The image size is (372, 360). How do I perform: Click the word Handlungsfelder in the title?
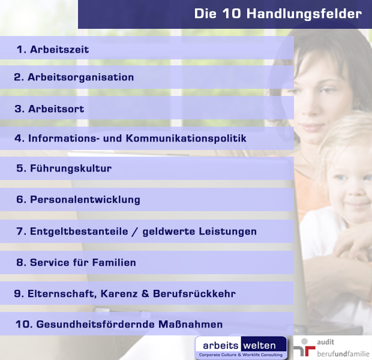(x=304, y=14)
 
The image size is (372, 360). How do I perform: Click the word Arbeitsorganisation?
(x=80, y=77)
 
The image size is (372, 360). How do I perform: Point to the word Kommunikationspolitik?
(x=186, y=138)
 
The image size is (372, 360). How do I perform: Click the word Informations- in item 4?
(x=64, y=138)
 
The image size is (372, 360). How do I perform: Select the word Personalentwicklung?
(x=85, y=200)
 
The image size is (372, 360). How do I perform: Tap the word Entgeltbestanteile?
(x=79, y=232)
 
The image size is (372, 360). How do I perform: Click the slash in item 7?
(x=135, y=232)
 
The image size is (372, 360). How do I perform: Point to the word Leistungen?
(x=228, y=232)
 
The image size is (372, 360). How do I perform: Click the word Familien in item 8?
(x=114, y=262)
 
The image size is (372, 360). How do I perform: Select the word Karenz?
(x=119, y=293)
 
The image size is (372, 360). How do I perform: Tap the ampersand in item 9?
(x=145, y=293)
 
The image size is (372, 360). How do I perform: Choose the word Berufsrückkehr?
(x=194, y=293)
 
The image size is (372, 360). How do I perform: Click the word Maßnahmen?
(x=191, y=324)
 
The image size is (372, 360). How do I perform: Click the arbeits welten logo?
(x=241, y=347)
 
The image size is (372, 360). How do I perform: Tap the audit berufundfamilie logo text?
(x=343, y=348)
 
